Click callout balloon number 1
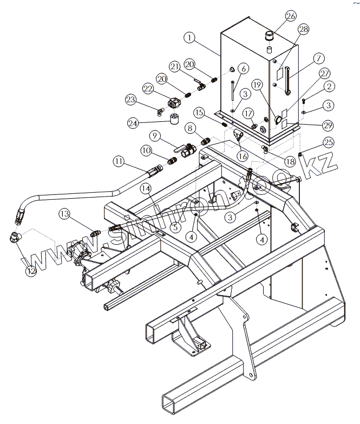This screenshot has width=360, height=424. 189,38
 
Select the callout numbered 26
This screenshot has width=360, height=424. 291,16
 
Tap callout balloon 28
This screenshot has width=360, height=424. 304,29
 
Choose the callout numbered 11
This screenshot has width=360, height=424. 119,161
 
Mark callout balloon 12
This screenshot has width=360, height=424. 31,270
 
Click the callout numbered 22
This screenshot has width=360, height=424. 148,89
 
